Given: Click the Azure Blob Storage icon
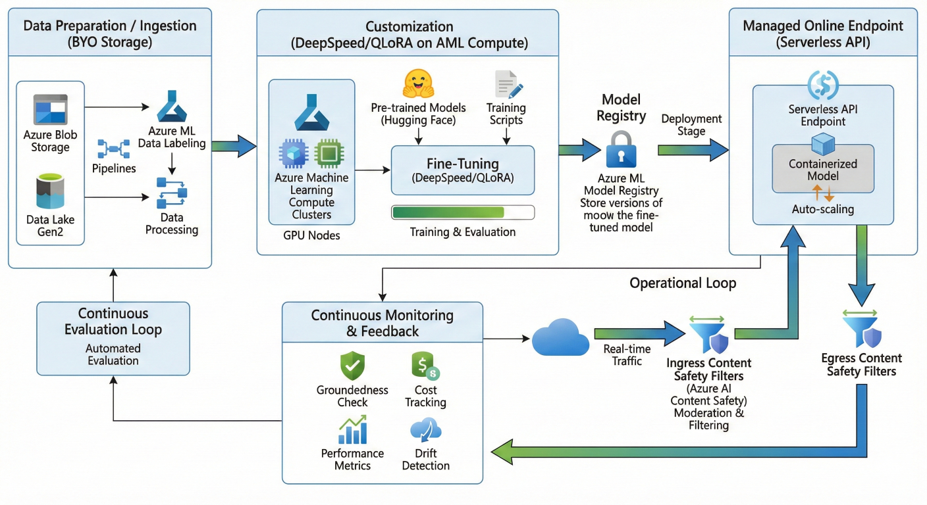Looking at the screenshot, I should (x=50, y=109).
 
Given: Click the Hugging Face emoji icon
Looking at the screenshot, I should (x=419, y=85).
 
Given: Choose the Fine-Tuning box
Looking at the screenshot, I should (x=463, y=170).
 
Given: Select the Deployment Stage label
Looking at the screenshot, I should (x=691, y=125).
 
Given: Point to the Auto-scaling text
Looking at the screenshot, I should (x=823, y=209).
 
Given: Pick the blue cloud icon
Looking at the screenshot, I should (x=560, y=338).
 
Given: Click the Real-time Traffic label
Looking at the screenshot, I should (x=627, y=355).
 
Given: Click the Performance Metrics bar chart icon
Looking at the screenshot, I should (x=352, y=430).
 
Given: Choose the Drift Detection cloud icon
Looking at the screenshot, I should (x=425, y=430).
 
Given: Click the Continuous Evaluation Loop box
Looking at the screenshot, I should (x=113, y=337).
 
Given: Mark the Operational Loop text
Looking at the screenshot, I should (x=683, y=283).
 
